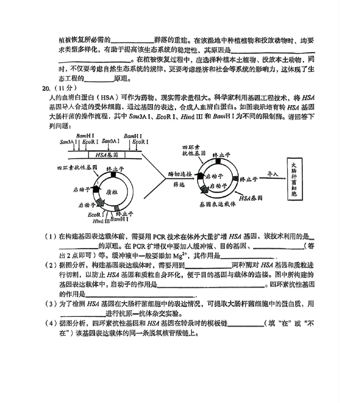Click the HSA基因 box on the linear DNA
point(107,155)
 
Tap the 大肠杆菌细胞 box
point(294,179)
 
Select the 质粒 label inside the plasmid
point(112,192)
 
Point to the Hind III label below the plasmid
point(101,221)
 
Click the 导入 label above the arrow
point(273,174)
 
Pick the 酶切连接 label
point(180,174)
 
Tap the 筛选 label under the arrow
point(179,185)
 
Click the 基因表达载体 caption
point(218,204)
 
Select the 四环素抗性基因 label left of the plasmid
point(77,168)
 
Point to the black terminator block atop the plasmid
point(113,174)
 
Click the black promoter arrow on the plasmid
point(96,189)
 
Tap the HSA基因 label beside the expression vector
point(250,198)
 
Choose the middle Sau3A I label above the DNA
point(111,141)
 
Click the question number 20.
point(46,89)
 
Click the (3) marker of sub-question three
point(51,304)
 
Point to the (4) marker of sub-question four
point(51,323)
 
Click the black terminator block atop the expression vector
point(218,161)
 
